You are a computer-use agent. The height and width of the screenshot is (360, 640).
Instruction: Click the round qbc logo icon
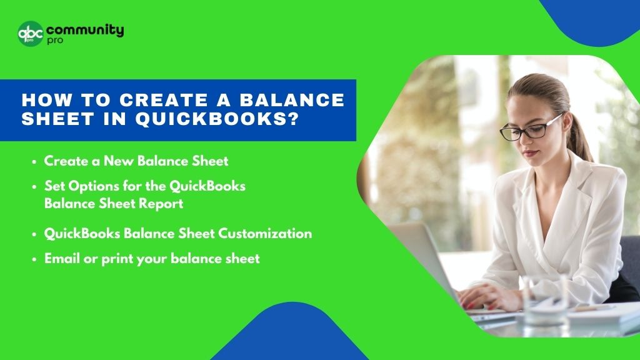tap(31, 33)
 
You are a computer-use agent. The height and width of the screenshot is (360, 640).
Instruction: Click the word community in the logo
tap(85, 30)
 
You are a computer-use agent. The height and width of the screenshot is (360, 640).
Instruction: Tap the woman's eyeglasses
tap(526, 129)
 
